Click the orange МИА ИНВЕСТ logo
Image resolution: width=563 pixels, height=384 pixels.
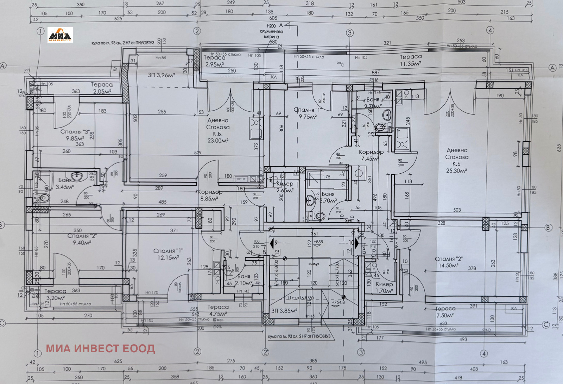click(60, 35)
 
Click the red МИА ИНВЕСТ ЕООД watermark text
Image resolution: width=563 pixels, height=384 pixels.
click(100, 348)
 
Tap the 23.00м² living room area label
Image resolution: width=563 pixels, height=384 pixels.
click(218, 141)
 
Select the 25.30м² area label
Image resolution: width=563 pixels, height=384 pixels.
click(456, 171)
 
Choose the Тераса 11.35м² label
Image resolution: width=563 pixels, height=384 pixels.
click(411, 60)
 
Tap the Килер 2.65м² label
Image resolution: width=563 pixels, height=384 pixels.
click(285, 187)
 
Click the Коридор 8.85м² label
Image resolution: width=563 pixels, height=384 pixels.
click(210, 195)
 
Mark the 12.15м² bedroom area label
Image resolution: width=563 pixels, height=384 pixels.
click(168, 258)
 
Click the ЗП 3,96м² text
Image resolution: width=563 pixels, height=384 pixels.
click(161, 75)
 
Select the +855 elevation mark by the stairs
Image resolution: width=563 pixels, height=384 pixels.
click(318, 242)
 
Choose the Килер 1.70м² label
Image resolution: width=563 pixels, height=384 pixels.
click(384, 287)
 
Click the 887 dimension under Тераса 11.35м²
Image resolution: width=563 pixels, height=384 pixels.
click(376, 73)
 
